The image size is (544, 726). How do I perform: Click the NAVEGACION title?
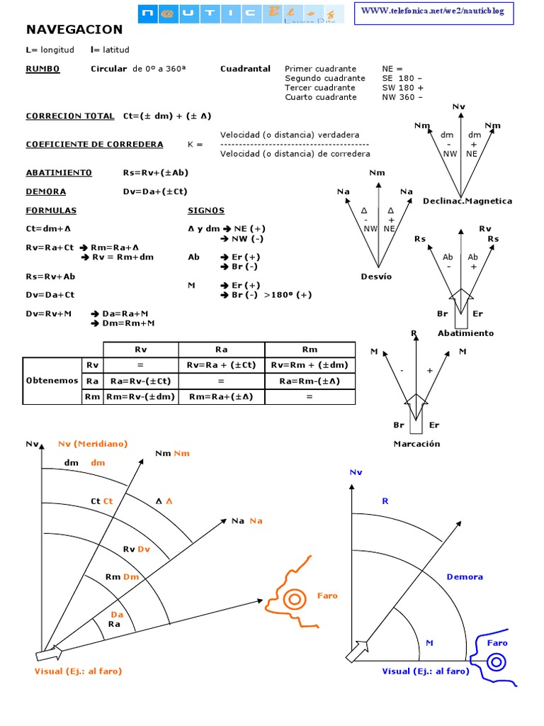74,30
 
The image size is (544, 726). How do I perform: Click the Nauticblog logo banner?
240,13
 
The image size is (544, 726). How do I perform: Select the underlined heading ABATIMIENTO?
59,172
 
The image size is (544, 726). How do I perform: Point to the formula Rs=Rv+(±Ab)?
155,172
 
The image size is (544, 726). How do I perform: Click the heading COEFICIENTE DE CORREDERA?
94,144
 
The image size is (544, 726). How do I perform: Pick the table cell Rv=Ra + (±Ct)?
221,364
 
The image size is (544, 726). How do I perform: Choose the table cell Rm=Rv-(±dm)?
140,397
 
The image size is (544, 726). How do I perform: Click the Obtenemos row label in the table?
52,381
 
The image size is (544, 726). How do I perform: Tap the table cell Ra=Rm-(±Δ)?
310,381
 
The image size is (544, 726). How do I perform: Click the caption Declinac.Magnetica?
467,201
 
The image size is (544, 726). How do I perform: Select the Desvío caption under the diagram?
375,277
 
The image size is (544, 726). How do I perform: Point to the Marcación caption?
416,444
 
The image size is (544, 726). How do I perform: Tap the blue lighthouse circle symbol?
497,662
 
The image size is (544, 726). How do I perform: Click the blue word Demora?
465,576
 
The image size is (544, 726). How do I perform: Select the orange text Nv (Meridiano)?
92,443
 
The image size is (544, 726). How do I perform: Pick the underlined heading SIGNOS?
205,211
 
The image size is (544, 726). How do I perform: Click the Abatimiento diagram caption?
465,333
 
